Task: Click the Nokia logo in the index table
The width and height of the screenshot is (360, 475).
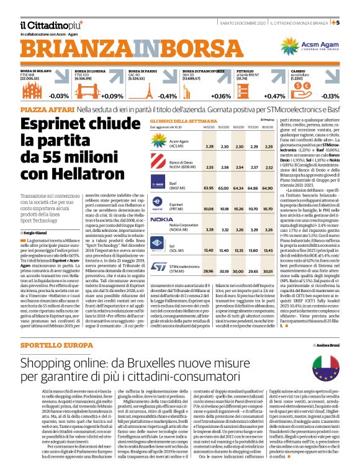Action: coord(162,202)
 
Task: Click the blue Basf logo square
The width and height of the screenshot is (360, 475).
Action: coord(158,184)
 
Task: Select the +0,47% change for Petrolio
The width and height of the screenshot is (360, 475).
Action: coord(274,96)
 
